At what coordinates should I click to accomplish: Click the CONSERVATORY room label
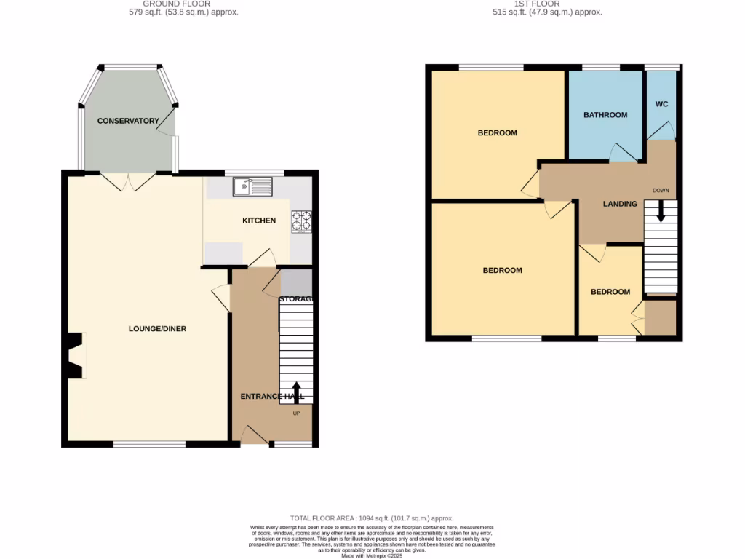128,121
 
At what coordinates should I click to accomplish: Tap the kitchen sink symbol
252,187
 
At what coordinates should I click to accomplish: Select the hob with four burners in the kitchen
301,221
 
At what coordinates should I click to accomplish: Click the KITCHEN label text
259,221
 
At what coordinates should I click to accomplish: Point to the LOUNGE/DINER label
157,329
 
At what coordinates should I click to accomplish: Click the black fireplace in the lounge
73,355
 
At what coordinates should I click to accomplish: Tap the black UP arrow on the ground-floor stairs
295,392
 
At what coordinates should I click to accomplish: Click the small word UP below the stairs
296,413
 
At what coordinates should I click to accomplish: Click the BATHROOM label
605,115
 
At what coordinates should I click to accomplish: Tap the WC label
661,105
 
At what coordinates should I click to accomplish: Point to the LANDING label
620,204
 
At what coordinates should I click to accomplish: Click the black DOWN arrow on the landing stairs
661,212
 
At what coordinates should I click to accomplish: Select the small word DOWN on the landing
661,191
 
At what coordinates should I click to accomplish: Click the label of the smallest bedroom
610,292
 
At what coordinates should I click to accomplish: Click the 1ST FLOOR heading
546,4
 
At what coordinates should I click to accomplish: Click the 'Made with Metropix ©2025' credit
372,555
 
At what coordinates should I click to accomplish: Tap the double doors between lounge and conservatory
128,181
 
